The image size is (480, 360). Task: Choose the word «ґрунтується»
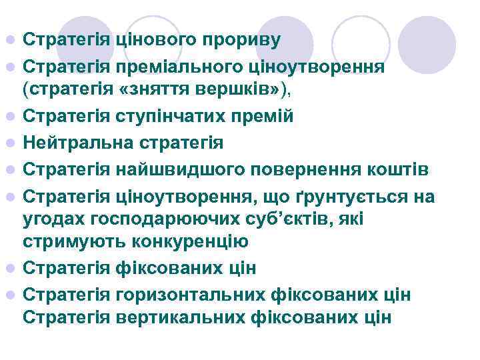point(347,198)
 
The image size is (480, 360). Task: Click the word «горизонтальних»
point(179,294)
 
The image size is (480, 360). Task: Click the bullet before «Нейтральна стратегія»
point(9,143)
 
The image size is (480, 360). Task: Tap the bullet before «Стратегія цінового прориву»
point(9,39)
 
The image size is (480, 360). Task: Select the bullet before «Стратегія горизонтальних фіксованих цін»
point(9,295)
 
